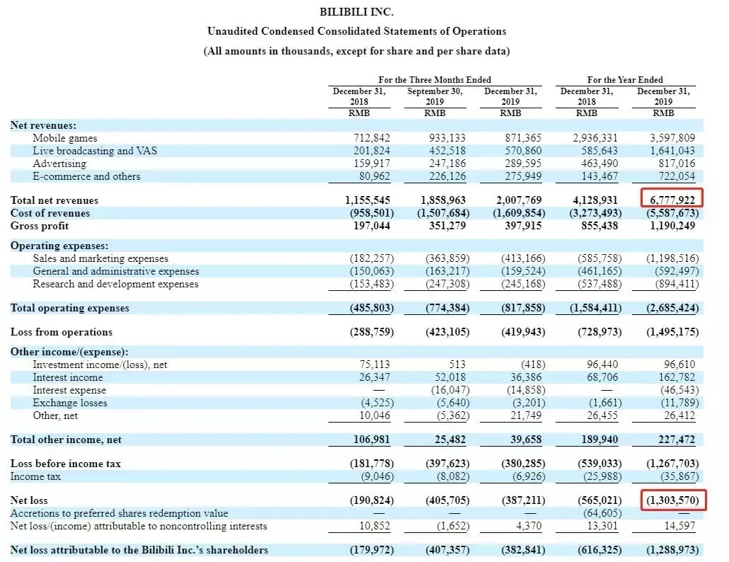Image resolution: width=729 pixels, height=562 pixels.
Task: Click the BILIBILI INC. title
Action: (x=356, y=12)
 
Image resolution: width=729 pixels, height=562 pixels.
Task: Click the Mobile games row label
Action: (x=64, y=138)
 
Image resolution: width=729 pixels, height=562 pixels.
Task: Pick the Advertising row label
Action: (x=59, y=164)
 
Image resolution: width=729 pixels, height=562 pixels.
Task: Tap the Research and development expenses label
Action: (x=115, y=284)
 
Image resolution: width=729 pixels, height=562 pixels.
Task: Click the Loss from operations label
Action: (x=61, y=332)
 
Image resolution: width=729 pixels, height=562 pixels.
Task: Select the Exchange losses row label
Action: (x=70, y=403)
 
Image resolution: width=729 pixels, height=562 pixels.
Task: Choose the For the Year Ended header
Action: (x=625, y=80)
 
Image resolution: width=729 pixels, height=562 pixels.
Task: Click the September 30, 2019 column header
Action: (x=435, y=96)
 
